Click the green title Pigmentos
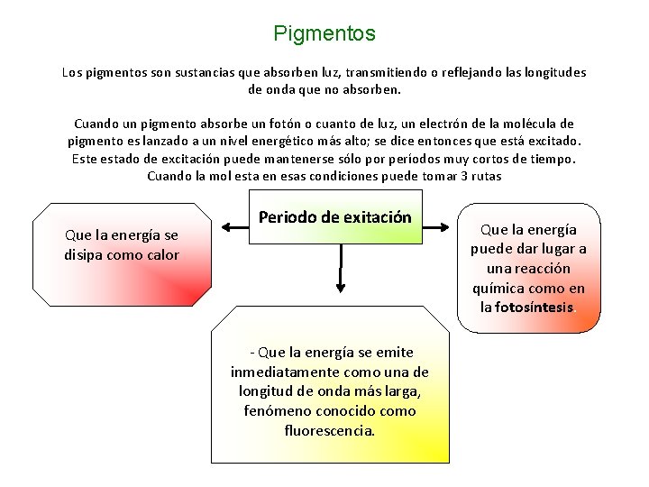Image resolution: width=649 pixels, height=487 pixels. pyautogui.click(x=324, y=34)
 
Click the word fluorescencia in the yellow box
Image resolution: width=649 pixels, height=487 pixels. pyautogui.click(x=329, y=430)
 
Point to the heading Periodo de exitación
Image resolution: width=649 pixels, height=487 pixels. pyautogui.click(x=334, y=217)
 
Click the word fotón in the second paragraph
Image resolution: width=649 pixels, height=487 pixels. pyautogui.click(x=279, y=124)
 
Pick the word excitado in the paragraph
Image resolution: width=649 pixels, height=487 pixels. pyautogui.click(x=552, y=141)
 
